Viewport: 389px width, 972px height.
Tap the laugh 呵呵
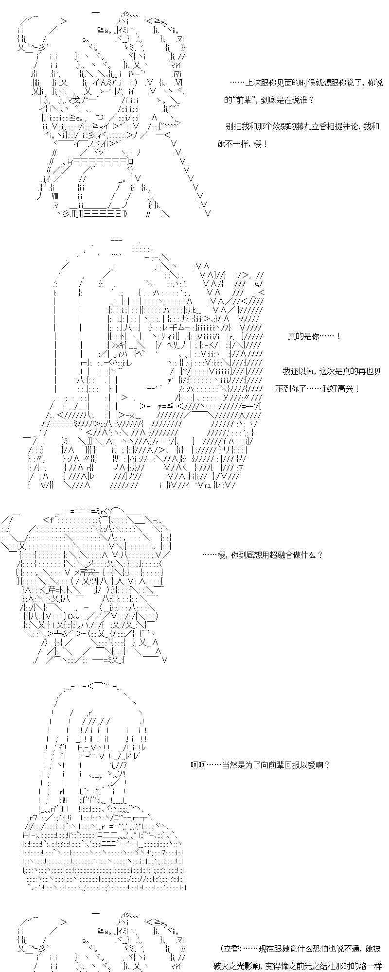(198, 765)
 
